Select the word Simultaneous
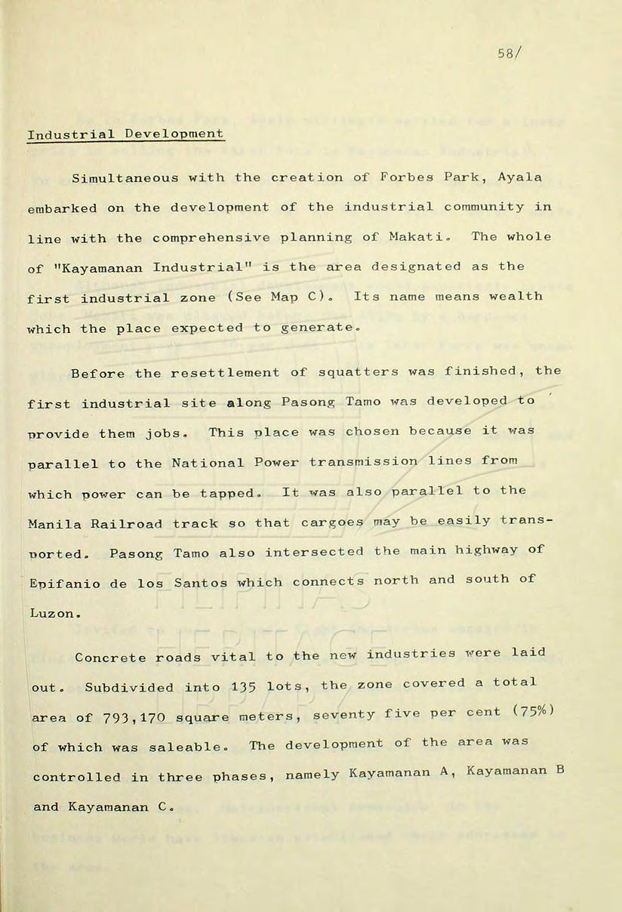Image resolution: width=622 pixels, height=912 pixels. tap(125, 178)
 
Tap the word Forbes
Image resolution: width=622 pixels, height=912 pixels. tap(405, 177)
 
